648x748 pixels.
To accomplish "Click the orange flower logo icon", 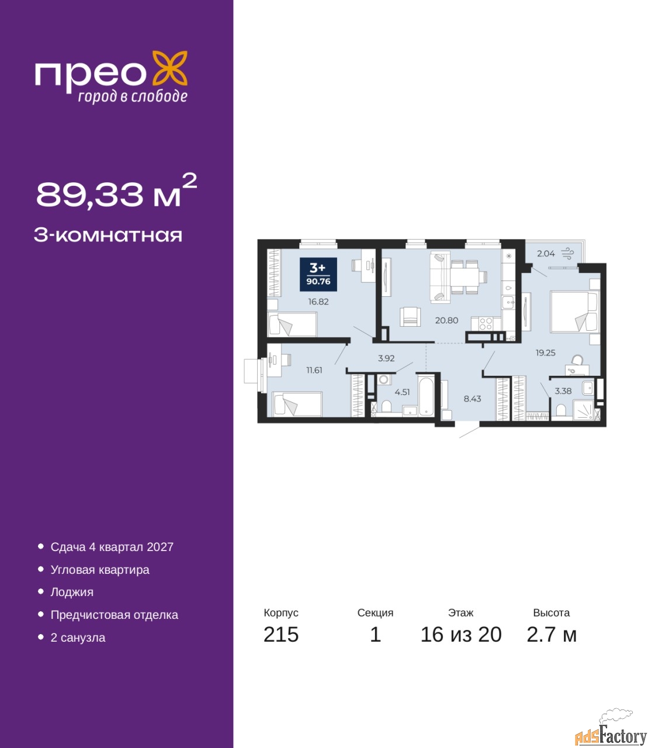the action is [x=169, y=68].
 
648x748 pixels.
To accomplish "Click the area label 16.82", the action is [x=318, y=302].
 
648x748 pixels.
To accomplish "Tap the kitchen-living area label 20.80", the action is [x=446, y=320].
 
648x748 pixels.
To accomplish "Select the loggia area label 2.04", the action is [x=546, y=254].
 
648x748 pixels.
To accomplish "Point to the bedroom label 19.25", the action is [x=545, y=353].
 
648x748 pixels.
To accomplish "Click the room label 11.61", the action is [x=314, y=370].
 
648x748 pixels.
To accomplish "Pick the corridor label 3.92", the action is [x=386, y=358].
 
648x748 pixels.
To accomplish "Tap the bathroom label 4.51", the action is [x=402, y=392].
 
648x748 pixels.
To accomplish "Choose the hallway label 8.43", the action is [x=472, y=399].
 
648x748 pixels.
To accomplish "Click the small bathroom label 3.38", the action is [x=563, y=391].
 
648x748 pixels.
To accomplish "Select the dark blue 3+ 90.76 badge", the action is [x=318, y=274].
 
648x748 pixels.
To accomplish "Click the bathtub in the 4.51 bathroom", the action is [x=426, y=396].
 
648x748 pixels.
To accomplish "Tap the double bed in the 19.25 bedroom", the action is [x=574, y=312].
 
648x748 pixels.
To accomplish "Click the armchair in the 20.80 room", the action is [x=410, y=317].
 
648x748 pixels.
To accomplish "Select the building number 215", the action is [x=281, y=635].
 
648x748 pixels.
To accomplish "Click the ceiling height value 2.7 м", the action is [x=552, y=635].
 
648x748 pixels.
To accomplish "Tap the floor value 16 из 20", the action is [x=460, y=635].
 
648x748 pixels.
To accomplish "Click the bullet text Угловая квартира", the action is [x=100, y=570].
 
